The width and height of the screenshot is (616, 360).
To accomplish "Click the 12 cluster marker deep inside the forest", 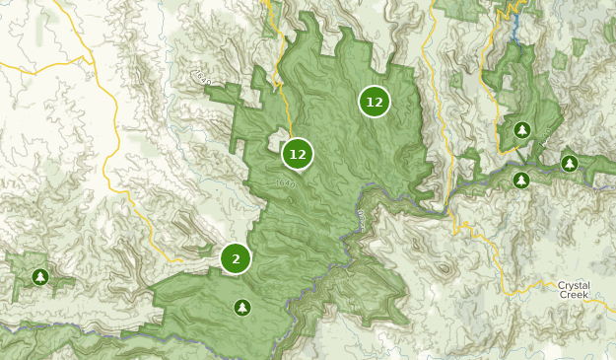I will tap(375, 102).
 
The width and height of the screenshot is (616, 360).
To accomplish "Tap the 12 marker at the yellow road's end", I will tap(297, 154).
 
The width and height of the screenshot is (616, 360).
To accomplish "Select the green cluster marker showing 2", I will tap(236, 258).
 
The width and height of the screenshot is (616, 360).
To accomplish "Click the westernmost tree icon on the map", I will tap(39, 277).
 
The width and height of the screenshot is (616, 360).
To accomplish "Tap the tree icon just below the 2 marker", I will tap(242, 308).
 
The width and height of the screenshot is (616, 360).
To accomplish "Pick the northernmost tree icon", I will tap(521, 130).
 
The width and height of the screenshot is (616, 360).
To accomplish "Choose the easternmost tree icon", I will tap(569, 163).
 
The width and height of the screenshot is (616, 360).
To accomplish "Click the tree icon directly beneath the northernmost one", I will tap(521, 180).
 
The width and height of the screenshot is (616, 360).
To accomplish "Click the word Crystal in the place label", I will tap(575, 284).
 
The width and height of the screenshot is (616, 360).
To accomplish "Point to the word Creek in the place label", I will tap(575, 295).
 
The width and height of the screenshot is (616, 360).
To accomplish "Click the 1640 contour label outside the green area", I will tap(204, 76).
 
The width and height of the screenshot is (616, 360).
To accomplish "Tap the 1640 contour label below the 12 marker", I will tap(287, 182).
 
